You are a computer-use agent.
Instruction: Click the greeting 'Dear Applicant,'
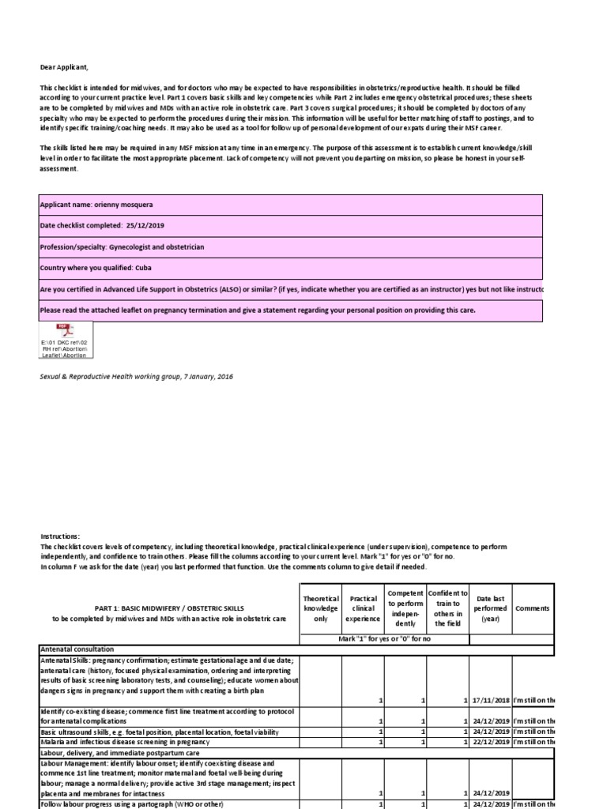(x=66, y=67)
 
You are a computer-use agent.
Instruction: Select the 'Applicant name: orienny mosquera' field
(x=290, y=205)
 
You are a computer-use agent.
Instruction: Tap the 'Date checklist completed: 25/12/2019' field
(x=290, y=226)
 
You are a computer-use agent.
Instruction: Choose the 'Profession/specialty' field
(x=290, y=247)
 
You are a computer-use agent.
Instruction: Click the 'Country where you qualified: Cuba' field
(x=290, y=269)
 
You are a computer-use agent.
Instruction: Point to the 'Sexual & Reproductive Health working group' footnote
(x=136, y=377)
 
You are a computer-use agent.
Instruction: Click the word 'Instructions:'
(x=59, y=536)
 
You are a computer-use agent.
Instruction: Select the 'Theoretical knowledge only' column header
(x=321, y=608)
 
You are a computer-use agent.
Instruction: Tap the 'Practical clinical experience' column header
(x=363, y=608)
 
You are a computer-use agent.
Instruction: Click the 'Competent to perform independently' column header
(x=405, y=608)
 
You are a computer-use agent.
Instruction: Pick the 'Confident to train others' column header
(x=448, y=608)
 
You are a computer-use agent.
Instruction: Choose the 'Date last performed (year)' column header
(x=490, y=608)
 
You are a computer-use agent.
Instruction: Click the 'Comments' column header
(x=532, y=608)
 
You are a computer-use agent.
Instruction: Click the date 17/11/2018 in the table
(x=490, y=701)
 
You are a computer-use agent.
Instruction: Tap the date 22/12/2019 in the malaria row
(x=490, y=742)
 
